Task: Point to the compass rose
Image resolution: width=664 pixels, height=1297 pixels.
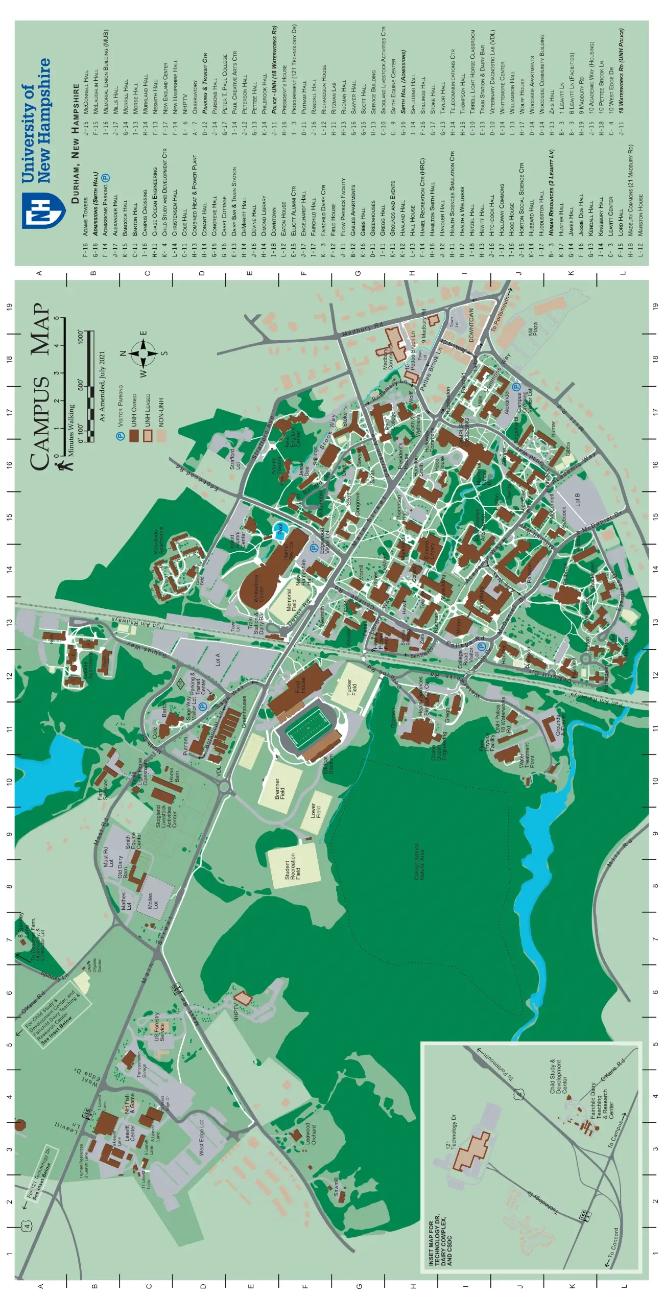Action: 144,353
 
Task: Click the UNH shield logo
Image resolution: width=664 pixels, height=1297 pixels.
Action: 43,210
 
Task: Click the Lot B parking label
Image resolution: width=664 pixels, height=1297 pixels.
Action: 578,499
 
